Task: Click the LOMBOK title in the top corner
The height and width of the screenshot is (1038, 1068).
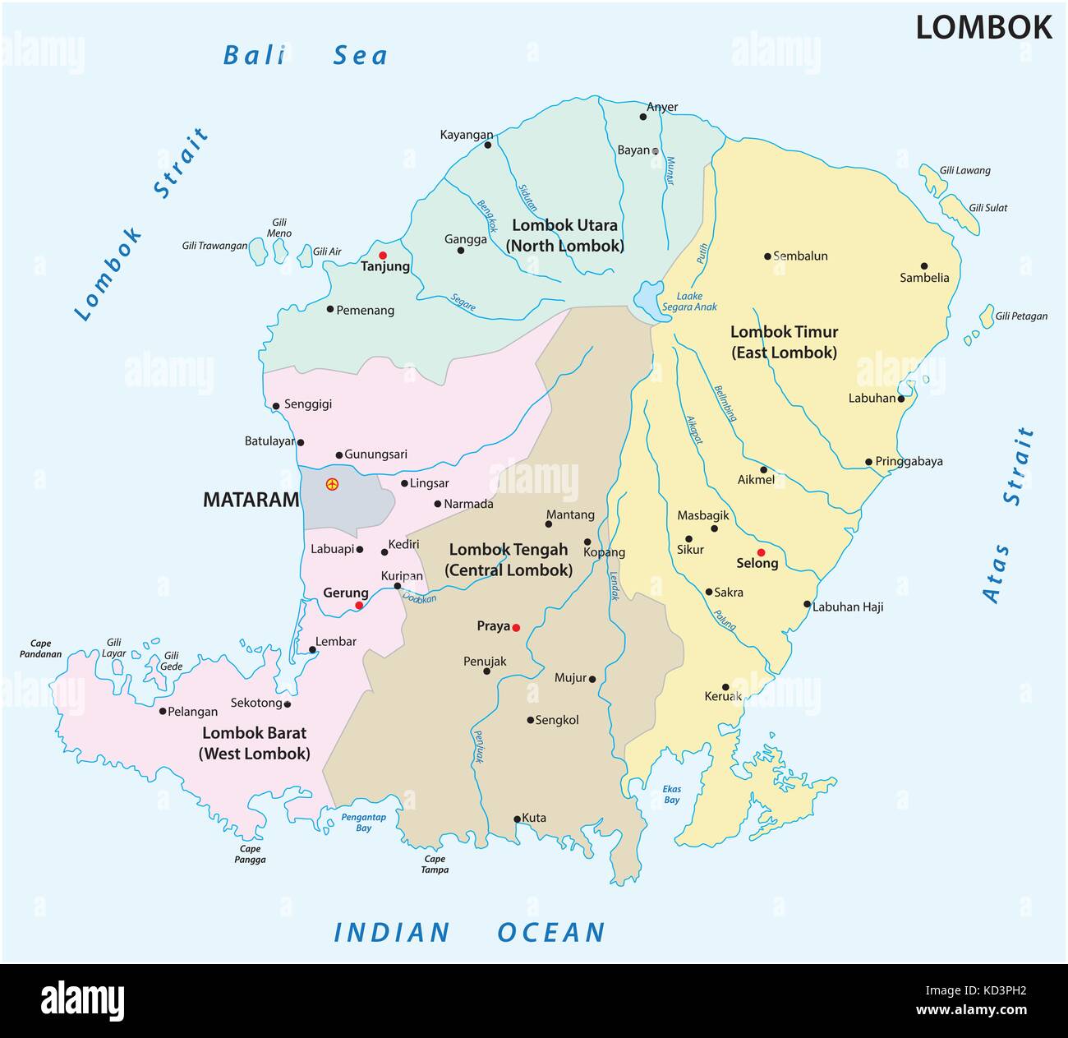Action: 983,28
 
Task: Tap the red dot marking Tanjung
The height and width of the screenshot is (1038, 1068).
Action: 383,256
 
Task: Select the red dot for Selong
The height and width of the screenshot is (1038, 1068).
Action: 761,552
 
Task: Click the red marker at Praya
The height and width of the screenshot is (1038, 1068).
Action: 516,628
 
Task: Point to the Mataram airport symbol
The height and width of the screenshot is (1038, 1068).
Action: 332,484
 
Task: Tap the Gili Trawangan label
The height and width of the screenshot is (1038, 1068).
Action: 214,246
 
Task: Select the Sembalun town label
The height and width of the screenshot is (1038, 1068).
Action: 800,256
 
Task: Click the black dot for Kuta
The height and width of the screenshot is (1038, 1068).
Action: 517,819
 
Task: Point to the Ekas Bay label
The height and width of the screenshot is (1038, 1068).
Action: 672,794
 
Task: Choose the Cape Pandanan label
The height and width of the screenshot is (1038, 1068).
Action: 41,649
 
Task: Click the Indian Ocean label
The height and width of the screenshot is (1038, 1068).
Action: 469,932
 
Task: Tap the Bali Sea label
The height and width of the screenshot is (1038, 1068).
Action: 305,56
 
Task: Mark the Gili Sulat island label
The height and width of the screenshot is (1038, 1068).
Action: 987,208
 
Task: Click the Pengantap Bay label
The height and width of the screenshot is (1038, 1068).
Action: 364,822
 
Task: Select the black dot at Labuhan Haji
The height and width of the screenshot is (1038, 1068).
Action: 807,604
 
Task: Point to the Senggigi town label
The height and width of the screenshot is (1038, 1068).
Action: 308,405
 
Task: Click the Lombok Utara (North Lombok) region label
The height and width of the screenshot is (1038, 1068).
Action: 564,235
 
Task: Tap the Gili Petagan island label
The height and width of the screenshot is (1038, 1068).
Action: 1021,316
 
